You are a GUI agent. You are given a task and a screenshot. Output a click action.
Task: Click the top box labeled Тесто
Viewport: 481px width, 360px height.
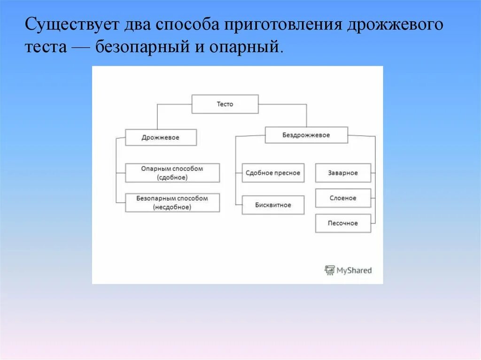click(225, 104)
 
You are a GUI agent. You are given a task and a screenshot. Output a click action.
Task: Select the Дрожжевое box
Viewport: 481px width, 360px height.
click(161, 138)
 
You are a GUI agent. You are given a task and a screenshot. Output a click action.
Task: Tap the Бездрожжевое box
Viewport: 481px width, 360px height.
click(306, 135)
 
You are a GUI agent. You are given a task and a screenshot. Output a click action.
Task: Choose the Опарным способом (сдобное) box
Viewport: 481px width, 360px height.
click(172, 173)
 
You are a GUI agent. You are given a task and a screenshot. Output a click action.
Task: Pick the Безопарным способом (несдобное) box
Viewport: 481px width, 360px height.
click(172, 202)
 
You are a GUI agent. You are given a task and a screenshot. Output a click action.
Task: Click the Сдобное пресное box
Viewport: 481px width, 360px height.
click(273, 173)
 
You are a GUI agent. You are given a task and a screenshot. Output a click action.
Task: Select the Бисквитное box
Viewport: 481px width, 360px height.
click(273, 205)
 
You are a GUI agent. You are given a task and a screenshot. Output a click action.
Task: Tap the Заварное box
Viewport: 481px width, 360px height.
click(343, 173)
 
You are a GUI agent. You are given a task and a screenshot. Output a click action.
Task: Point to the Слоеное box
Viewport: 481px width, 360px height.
click(343, 198)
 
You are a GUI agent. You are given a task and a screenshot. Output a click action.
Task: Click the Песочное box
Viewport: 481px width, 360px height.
click(343, 223)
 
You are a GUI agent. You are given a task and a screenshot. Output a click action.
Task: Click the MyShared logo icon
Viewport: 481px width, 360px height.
click(330, 270)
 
